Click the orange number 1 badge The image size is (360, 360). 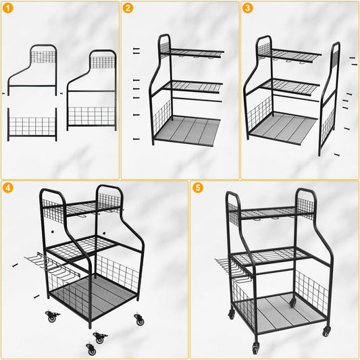[x=8, y=8]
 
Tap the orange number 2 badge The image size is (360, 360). [x=128, y=8]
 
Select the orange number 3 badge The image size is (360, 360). [x=247, y=8]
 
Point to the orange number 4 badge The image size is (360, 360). [x=8, y=188]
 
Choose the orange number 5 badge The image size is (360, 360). [x=198, y=188]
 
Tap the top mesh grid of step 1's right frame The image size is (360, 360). [x=103, y=62]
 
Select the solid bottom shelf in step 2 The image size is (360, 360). [x=188, y=130]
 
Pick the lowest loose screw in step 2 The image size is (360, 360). [x=136, y=139]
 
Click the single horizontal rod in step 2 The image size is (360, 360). [x=197, y=99]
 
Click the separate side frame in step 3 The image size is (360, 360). [x=329, y=99]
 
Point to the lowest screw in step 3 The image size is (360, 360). [x=336, y=155]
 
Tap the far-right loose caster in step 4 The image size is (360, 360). [x=139, y=319]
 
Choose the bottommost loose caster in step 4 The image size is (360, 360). [x=91, y=349]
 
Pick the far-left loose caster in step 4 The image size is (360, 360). [x=52, y=316]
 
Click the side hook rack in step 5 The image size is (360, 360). [x=234, y=270]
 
